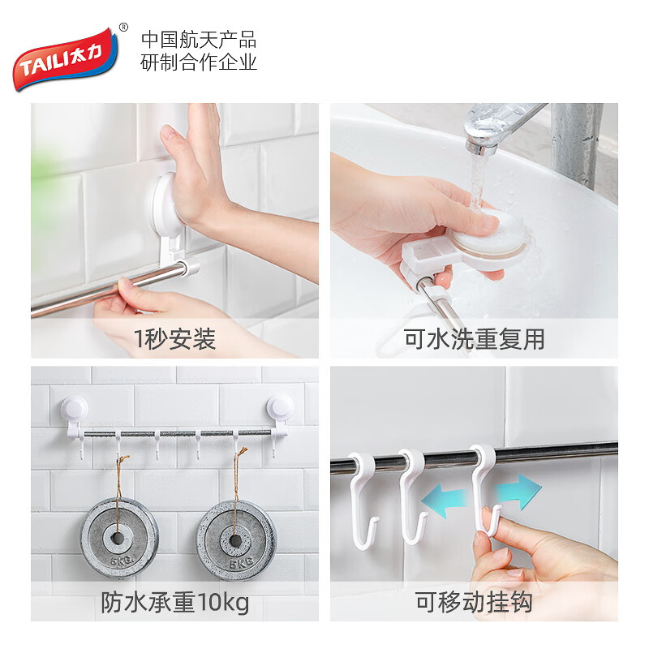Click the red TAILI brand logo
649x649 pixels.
point(66,58)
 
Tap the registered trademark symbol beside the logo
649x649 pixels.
point(123,28)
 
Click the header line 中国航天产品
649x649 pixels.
point(199,40)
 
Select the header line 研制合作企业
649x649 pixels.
point(199,62)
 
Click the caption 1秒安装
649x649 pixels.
point(174,339)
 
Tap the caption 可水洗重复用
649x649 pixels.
point(474,339)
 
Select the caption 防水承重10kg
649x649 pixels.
point(175,602)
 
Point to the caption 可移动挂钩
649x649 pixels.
point(474,602)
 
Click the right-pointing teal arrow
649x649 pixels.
point(518,492)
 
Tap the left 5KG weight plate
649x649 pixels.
point(118,538)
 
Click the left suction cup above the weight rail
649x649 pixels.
point(75,408)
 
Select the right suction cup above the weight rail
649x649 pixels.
point(280,406)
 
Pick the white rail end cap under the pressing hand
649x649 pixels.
point(189,268)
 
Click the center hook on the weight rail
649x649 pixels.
point(198,445)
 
